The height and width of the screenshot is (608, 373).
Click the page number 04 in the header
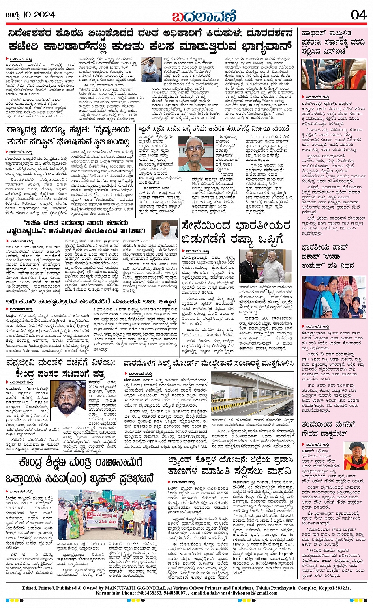coord(358,15)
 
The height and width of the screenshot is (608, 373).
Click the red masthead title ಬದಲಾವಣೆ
coord(204,16)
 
